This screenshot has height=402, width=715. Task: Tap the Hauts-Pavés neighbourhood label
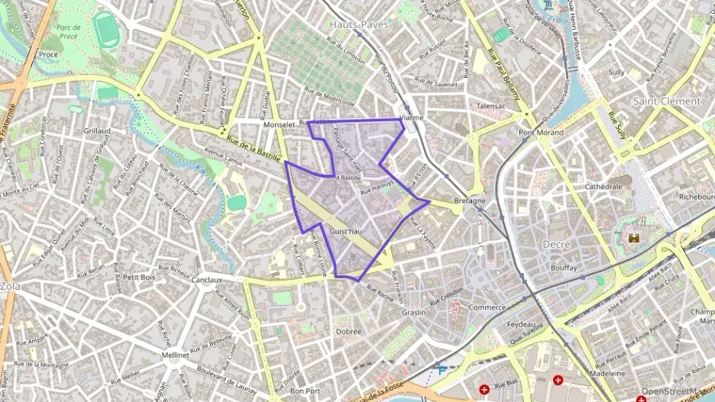pos(359,24)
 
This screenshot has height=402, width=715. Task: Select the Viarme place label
pos(411,118)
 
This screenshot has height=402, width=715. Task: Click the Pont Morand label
pos(541,133)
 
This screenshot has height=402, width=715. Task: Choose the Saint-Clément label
pos(666,101)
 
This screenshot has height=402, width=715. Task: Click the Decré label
pos(556,243)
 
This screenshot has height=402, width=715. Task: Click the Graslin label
pos(413,312)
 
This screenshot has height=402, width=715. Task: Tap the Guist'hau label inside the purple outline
pos(346,230)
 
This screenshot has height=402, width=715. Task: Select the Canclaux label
pos(205,279)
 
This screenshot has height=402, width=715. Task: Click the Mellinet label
pos(176,355)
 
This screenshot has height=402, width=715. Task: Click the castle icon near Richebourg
pos(633,239)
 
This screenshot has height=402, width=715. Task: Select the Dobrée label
pos(348,331)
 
